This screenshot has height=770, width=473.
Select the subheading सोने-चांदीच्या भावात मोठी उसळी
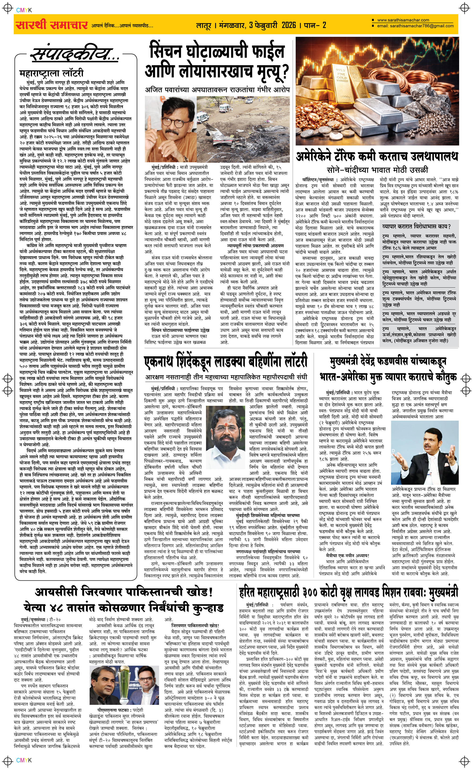tap(377, 170)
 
